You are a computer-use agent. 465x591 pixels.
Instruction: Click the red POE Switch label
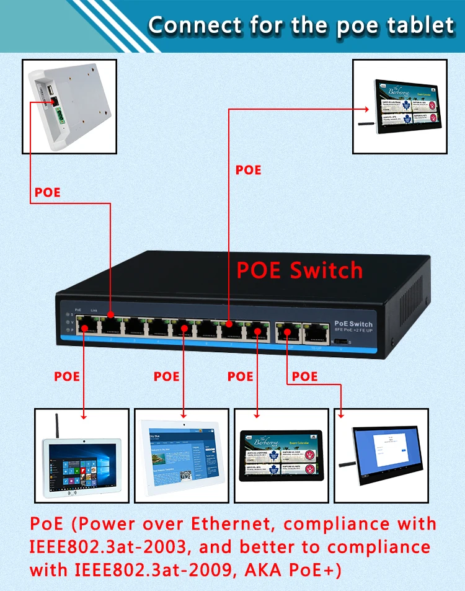click(299, 270)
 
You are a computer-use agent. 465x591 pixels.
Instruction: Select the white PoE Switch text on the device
click(353, 324)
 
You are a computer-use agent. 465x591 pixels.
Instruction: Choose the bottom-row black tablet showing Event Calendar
click(283, 455)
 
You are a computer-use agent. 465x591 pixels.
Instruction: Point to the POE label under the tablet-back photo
click(48, 192)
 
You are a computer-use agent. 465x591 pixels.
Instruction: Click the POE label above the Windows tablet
click(67, 376)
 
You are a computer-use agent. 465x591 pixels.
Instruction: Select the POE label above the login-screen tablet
click(304, 376)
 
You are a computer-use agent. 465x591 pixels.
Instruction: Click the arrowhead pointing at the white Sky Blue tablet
click(184, 415)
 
